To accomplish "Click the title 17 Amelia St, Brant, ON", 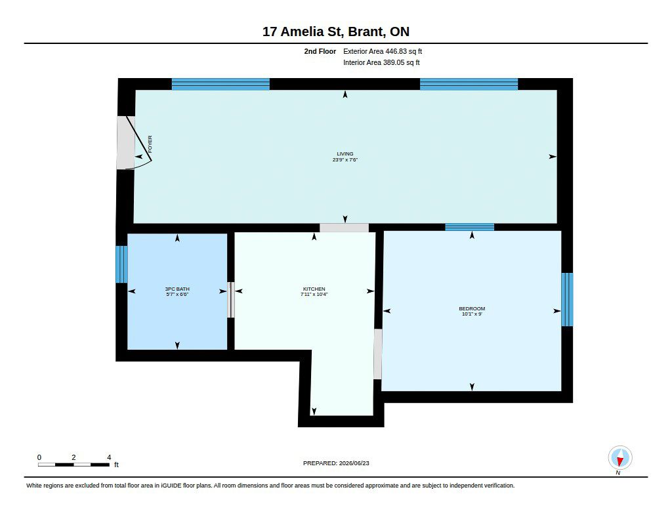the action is (x=335, y=31).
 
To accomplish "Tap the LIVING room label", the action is (x=345, y=154).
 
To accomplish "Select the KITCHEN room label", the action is (x=314, y=289).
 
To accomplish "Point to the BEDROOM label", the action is (x=472, y=308).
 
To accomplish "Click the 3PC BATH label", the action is (x=177, y=289).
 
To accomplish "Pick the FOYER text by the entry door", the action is (x=150, y=144).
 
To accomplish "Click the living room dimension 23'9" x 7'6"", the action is (x=345, y=159).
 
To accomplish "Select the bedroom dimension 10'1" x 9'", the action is (x=472, y=314).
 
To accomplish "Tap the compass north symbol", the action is (x=619, y=458).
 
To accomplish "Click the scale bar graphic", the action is (x=73, y=465).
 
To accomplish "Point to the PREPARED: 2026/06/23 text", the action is (x=336, y=463).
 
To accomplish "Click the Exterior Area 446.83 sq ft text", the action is (x=383, y=51).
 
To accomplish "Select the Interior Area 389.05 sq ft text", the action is (x=381, y=62).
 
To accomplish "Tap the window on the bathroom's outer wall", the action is (x=121, y=264).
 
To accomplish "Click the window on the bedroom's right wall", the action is (x=567, y=300).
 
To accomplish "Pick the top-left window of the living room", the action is (x=220, y=84).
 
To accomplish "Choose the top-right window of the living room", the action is (x=469, y=84).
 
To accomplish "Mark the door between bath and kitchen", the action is (x=230, y=300).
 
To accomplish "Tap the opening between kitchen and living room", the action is (x=344, y=228).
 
